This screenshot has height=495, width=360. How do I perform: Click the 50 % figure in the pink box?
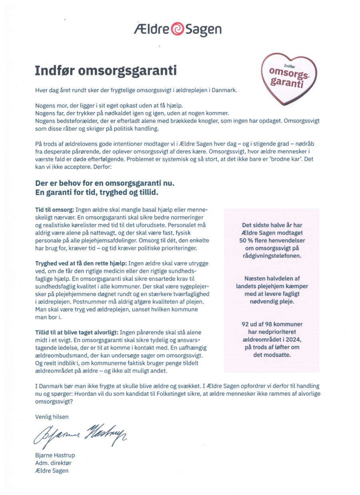250,240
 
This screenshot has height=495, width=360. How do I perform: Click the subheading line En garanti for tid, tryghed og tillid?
96,192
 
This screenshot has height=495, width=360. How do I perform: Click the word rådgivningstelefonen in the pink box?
272,255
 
